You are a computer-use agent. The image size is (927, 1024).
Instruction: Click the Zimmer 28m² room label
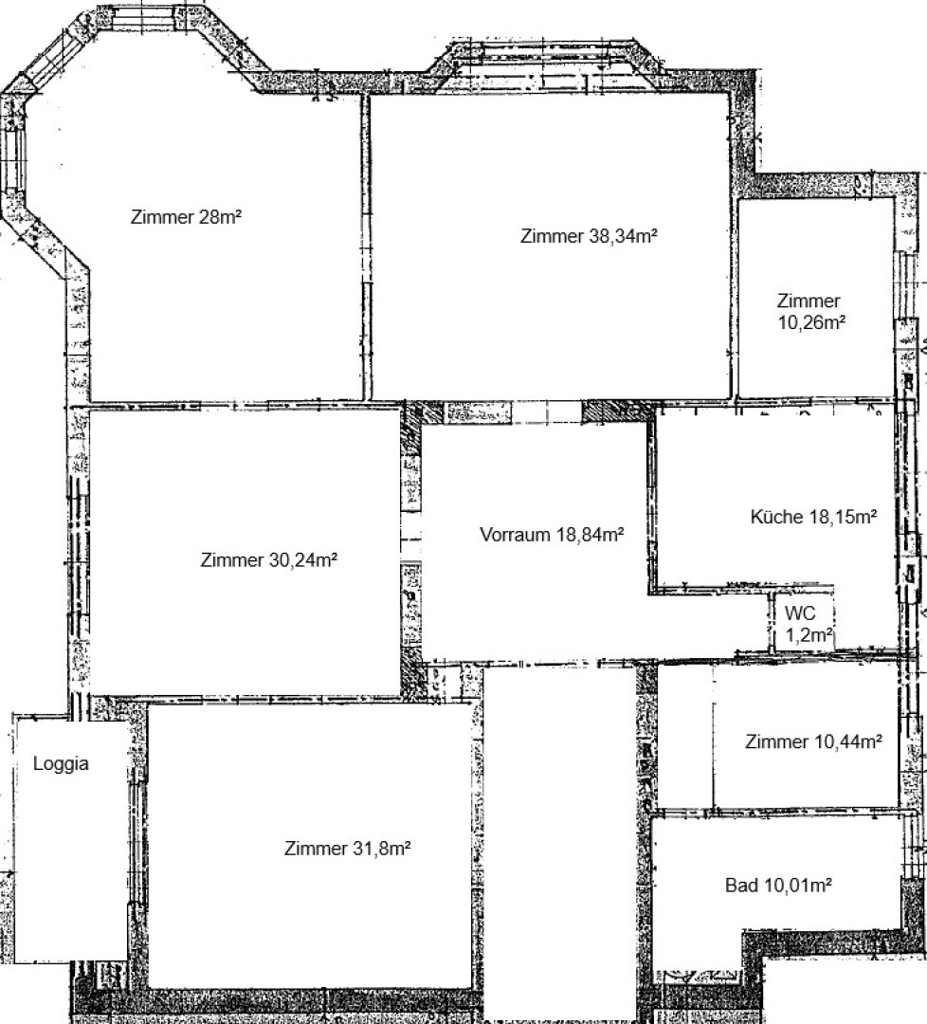(x=186, y=217)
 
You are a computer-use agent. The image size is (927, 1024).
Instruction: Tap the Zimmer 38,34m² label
(x=589, y=236)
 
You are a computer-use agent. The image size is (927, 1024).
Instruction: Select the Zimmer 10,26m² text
(x=811, y=312)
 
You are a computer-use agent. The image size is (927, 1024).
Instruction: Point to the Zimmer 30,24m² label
(x=268, y=560)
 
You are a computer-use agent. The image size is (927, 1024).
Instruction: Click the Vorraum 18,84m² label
(x=552, y=535)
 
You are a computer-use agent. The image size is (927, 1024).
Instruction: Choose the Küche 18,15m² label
(x=813, y=518)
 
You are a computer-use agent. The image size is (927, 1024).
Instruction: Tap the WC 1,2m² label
(x=809, y=624)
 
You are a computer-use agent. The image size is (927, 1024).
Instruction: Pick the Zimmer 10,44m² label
(x=813, y=741)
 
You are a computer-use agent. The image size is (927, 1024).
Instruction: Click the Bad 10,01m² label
(x=778, y=886)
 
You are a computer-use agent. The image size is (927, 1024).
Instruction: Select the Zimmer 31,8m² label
(x=347, y=849)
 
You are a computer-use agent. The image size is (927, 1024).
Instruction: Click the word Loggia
(x=61, y=764)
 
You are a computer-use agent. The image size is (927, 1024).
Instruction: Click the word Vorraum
(x=515, y=535)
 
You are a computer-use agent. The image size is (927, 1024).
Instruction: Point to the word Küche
(x=777, y=518)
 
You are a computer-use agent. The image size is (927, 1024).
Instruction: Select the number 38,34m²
(x=623, y=236)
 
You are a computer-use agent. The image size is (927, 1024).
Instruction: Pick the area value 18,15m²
(x=843, y=518)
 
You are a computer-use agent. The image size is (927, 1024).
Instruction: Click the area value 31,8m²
(x=382, y=849)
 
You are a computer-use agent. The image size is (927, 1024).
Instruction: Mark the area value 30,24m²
(x=303, y=560)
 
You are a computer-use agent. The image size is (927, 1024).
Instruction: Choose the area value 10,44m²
(x=848, y=741)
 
